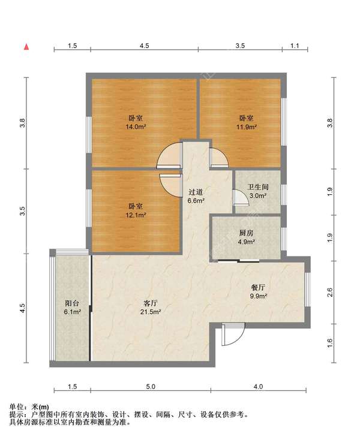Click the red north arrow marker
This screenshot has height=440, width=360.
[x=26, y=47]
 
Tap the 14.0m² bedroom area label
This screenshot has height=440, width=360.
[x=136, y=127]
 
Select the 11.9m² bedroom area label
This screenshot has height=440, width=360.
[x=247, y=127]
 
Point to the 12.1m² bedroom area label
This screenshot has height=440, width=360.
[x=136, y=215]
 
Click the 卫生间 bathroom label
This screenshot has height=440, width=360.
[x=258, y=187]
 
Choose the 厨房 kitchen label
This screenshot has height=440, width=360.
[x=246, y=233]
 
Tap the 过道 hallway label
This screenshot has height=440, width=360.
[x=196, y=192]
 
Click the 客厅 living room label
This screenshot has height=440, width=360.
[x=151, y=303]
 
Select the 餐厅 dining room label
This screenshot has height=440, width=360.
[x=258, y=287]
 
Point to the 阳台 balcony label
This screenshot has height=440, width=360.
[x=72, y=303]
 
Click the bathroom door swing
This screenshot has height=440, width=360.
[x=241, y=198]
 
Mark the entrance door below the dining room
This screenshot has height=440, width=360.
[x=233, y=334]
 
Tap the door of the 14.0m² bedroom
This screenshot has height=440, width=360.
[x=169, y=155]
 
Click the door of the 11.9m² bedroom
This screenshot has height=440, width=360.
[x=219, y=158]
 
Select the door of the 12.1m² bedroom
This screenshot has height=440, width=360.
[x=170, y=185]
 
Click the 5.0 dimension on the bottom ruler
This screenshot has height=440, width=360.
[x=151, y=387]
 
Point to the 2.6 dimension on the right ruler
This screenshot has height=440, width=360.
[x=330, y=292]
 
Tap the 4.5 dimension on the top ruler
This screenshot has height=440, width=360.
[x=145, y=46]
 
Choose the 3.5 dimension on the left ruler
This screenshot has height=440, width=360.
[x=22, y=211]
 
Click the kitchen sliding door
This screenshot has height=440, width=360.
[x=238, y=261]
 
